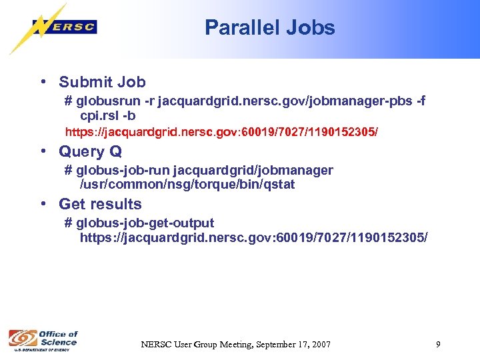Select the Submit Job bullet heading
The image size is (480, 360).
tap(102, 83)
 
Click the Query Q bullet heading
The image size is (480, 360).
tap(90, 152)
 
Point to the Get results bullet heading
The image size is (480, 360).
tap(100, 205)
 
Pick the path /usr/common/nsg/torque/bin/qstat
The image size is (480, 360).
tap(187, 184)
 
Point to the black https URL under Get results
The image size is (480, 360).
tap(254, 237)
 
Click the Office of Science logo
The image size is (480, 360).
tap(43, 339)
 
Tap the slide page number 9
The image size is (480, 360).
tap(438, 344)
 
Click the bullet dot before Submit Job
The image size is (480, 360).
tap(43, 82)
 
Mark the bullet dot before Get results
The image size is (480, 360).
tap(43, 204)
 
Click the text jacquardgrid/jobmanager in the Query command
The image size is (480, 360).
tap(253, 171)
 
